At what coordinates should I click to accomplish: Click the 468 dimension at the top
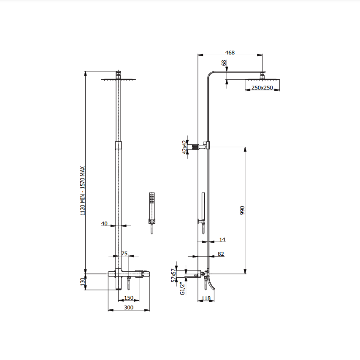pyautogui.click(x=230, y=53)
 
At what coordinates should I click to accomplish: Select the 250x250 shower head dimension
pyautogui.click(x=262, y=87)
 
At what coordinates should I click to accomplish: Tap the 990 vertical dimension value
pyautogui.click(x=242, y=210)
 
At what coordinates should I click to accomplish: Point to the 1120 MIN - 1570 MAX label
pyautogui.click(x=83, y=191)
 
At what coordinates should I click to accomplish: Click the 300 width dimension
pyautogui.click(x=129, y=307)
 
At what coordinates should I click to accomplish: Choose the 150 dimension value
pyautogui.click(x=129, y=298)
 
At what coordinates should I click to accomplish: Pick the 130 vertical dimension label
pyautogui.click(x=83, y=282)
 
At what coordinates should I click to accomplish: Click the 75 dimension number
pyautogui.click(x=124, y=254)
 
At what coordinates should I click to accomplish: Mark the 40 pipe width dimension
pyautogui.click(x=104, y=223)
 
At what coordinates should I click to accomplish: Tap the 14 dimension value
pyautogui.click(x=222, y=240)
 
